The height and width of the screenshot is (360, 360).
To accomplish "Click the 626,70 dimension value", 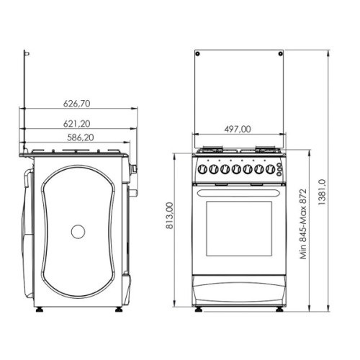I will point(80,103).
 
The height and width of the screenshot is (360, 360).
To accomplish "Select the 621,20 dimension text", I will point(80,122).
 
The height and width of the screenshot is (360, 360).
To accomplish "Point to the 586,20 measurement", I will point(80,136).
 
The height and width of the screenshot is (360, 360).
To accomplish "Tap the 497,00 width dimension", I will point(237,130).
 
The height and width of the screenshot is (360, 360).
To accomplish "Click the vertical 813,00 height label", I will point(170,216).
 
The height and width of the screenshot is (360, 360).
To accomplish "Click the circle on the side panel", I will point(78,232).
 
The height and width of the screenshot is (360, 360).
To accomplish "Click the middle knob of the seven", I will point(236,170).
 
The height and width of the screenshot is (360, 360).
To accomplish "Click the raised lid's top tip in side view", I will point(26,53).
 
